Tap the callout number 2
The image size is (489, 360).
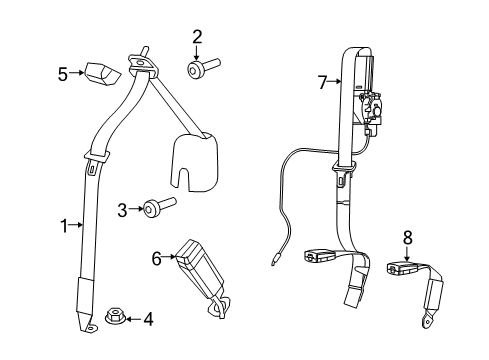pyautogui.click(x=197, y=37)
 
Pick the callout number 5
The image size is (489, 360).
pyautogui.click(x=62, y=72)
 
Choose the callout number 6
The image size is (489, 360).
pyautogui.click(x=156, y=258)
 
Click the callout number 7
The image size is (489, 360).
pyautogui.click(x=322, y=82)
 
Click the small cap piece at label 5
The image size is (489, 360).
pyautogui.click(x=100, y=73)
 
